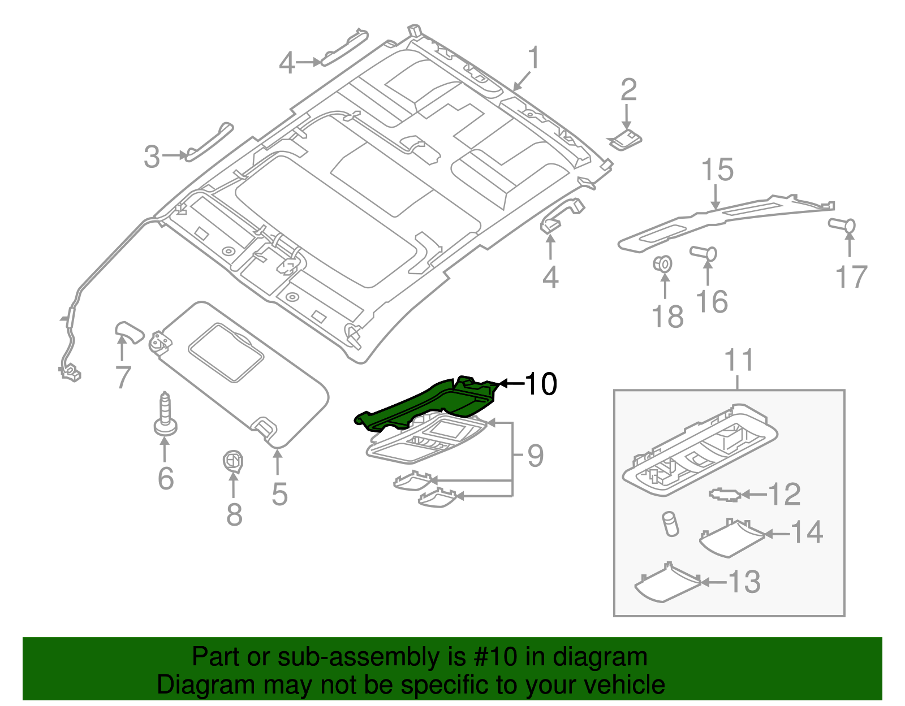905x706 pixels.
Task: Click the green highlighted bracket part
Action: pos(430,404)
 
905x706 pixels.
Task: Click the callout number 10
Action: pos(541,384)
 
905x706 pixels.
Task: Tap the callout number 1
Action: pos(533,59)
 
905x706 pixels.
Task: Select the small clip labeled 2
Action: pos(625,139)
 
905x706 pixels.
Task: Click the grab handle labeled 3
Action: pos(209,141)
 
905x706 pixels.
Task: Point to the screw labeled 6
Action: pos(165,415)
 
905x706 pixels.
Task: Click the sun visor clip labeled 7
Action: pos(129,332)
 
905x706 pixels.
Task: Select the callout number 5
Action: pos(279,493)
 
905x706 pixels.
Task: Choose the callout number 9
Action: pos(535,456)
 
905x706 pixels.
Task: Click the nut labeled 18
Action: pos(663,264)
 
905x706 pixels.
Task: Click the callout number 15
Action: pos(717,170)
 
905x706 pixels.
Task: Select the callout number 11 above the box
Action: pos(739,360)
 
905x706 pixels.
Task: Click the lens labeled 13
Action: pos(667,582)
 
